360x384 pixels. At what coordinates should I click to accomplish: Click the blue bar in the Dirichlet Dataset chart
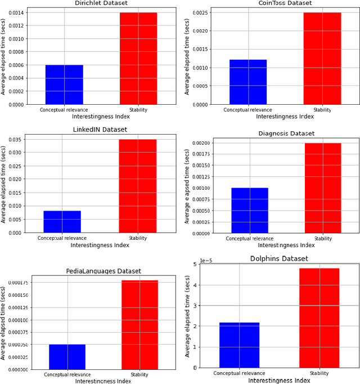(x=64, y=84)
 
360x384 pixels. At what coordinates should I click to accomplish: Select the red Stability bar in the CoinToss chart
(x=322, y=59)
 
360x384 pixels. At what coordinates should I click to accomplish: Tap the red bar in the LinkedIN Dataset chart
(x=138, y=186)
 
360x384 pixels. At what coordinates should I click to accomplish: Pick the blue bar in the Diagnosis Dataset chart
(x=250, y=210)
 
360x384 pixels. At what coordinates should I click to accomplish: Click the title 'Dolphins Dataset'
(x=279, y=258)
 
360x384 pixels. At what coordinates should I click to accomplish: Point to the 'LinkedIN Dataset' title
(x=100, y=130)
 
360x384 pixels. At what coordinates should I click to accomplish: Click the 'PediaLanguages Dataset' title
(x=103, y=271)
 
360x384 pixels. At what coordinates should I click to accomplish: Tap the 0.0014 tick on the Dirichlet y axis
(x=16, y=13)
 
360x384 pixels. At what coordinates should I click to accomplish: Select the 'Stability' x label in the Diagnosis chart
(x=323, y=239)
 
